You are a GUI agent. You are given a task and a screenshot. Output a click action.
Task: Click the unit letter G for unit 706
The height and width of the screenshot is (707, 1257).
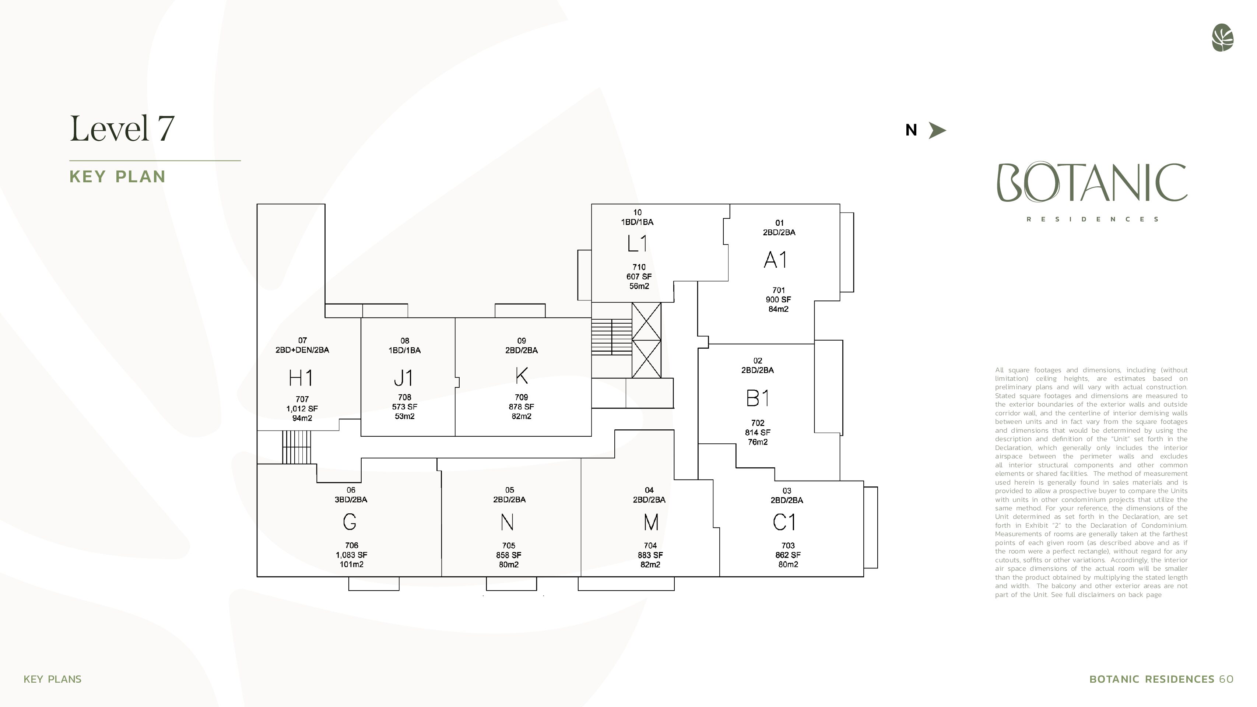tap(350, 522)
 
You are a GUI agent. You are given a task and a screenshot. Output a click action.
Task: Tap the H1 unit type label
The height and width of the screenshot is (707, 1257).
tap(301, 378)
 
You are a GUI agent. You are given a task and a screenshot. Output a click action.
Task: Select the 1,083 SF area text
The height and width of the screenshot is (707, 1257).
tap(351, 555)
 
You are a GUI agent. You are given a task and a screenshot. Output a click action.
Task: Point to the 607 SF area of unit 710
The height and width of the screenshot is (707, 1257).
tap(639, 277)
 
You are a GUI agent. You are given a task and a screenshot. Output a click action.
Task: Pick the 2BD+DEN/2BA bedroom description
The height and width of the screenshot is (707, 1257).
tap(302, 350)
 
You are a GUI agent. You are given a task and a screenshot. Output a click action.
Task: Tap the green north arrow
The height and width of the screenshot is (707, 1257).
tap(937, 130)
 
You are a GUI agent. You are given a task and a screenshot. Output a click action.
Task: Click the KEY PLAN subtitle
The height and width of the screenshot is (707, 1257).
tap(117, 177)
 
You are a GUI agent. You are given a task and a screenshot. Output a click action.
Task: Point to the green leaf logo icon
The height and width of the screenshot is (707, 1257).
tap(1222, 38)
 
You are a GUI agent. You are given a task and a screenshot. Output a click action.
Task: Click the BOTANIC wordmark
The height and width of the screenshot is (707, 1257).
tap(1092, 183)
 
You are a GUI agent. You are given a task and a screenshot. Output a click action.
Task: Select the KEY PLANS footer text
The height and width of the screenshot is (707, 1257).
tap(53, 679)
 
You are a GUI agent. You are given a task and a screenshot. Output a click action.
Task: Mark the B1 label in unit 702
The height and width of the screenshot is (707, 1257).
tap(758, 398)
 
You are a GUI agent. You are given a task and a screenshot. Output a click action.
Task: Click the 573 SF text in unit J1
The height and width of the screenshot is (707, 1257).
tap(404, 407)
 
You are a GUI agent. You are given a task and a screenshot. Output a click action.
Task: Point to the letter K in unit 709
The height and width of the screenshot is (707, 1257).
tap(521, 376)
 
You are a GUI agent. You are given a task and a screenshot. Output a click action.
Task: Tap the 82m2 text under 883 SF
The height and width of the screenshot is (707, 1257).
tap(650, 564)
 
